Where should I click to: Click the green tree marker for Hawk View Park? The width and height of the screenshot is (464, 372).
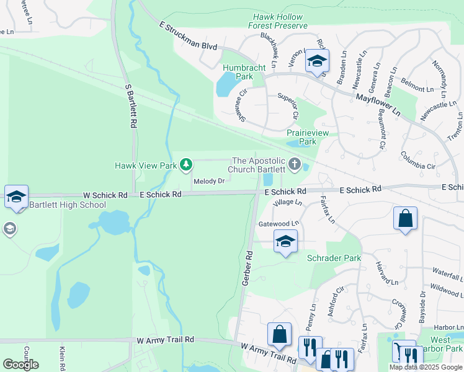point(185,165)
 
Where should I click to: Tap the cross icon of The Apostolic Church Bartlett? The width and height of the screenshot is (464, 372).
point(295,165)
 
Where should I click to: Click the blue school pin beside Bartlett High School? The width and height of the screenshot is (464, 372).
point(16,197)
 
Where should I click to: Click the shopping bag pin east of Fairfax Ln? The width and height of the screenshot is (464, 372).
point(405,218)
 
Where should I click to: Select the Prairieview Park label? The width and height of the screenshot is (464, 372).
point(301,137)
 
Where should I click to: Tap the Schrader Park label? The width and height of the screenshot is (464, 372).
point(334,257)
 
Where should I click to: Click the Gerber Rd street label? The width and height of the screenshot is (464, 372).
point(246,268)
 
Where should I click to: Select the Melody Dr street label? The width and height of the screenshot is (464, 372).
point(208,182)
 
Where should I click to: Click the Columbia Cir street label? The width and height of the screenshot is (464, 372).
point(419,161)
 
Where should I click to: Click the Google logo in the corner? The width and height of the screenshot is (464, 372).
point(20,364)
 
